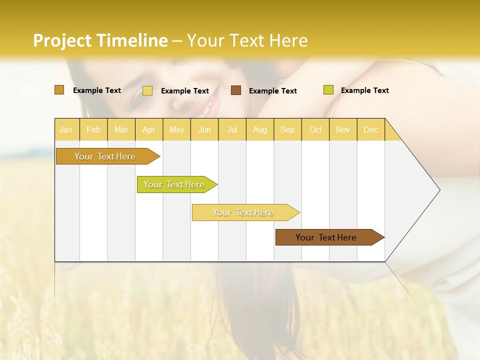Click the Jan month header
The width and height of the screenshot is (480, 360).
click(x=66, y=129)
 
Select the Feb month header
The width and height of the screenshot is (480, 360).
click(x=93, y=129)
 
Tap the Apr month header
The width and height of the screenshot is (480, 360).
click(x=148, y=129)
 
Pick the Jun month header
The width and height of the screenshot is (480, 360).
click(x=204, y=129)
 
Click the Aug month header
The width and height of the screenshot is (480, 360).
click(x=259, y=129)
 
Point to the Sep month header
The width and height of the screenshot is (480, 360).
click(x=287, y=129)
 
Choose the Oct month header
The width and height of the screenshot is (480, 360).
click(x=315, y=129)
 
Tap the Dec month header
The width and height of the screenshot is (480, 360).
click(x=370, y=129)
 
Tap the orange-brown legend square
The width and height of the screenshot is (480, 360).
click(x=59, y=90)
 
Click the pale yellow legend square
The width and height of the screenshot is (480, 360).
click(x=147, y=90)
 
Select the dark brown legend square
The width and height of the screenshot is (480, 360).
click(x=236, y=90)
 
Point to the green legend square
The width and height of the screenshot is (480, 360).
click(x=328, y=90)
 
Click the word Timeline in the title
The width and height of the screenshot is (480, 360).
click(x=132, y=40)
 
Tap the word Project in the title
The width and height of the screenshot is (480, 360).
click(x=62, y=40)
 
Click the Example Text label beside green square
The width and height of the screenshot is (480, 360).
click(x=364, y=90)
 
